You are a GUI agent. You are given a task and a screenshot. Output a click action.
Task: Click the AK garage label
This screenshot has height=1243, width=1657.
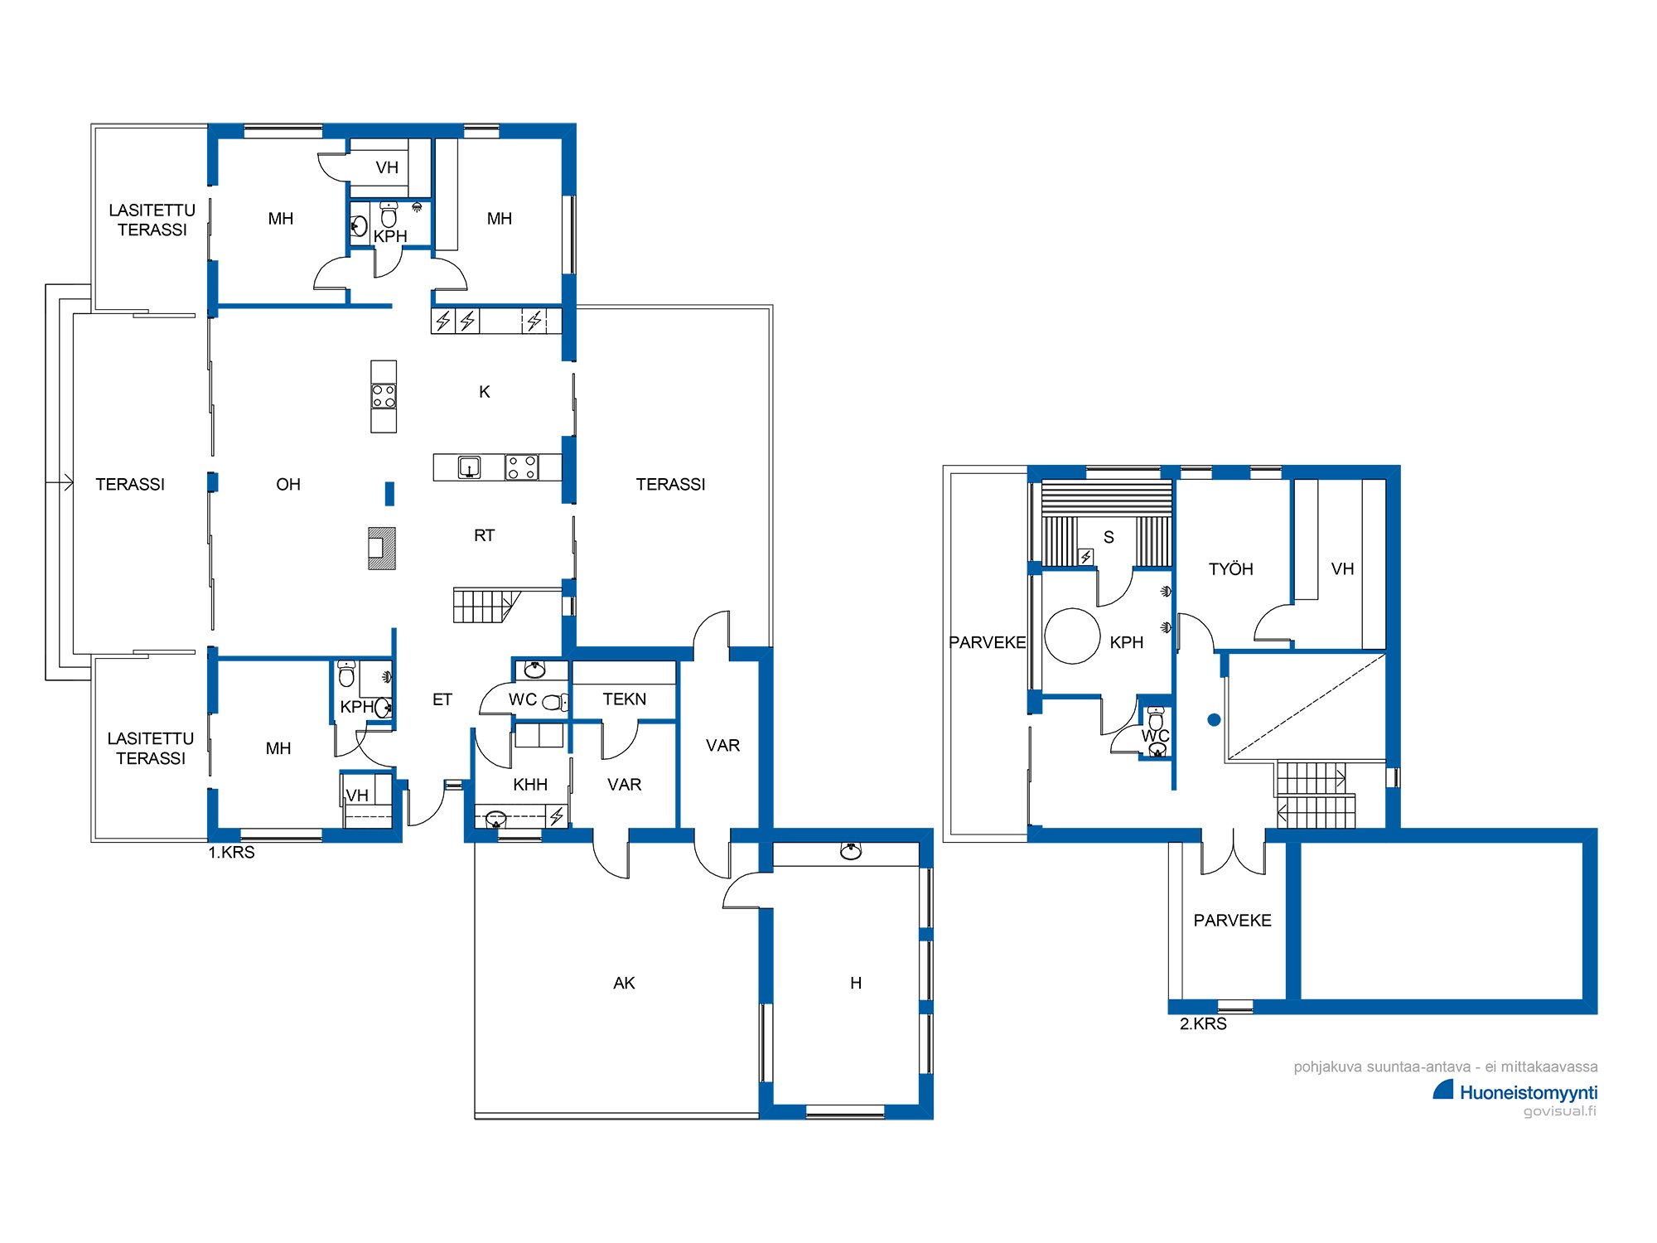pos(624,983)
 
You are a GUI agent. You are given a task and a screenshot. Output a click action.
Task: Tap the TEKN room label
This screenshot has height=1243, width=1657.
pos(625,699)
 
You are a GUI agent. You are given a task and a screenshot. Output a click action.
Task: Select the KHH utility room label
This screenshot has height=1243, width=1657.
pos(530,785)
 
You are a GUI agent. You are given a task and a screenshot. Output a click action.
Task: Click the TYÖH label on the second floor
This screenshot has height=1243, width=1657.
pos(1230,569)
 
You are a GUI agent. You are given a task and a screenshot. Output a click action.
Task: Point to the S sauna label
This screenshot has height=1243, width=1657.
pos(1109,537)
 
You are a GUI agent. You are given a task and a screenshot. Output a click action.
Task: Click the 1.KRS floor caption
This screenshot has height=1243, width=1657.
pos(231,853)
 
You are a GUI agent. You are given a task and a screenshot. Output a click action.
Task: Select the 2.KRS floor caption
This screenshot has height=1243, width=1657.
pos(1203,1024)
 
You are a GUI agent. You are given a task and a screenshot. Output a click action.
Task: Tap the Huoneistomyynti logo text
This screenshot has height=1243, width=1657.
pos(1529,1093)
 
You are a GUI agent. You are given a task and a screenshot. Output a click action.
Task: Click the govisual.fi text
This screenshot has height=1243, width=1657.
pos(1560,1111)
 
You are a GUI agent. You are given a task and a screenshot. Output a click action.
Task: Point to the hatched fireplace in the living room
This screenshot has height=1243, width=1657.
pos(382,549)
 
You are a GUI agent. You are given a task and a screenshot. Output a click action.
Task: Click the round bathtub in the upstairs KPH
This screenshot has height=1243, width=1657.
pos(1072,636)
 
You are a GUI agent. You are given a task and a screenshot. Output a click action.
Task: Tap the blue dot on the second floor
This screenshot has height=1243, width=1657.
pos(1214,720)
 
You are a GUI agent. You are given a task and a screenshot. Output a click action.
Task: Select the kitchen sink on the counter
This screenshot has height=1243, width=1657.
pos(470,467)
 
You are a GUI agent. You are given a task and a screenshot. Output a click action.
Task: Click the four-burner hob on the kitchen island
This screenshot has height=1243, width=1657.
pos(384,396)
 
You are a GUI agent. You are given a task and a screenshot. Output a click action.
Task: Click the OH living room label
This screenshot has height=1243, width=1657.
pos(288,485)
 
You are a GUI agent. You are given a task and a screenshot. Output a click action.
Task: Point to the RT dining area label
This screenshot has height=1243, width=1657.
pos(485,536)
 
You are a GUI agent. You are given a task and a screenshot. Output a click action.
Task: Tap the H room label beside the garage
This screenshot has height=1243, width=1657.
pos(856,983)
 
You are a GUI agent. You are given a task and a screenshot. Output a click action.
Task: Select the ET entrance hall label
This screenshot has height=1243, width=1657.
pos(442,699)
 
